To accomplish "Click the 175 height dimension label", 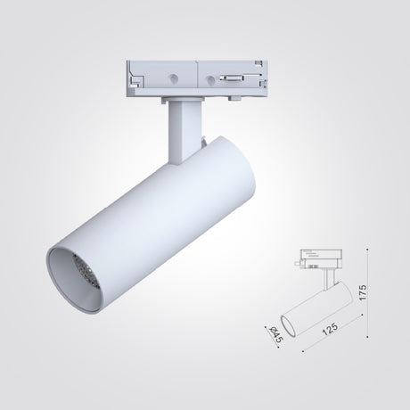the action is (363, 292).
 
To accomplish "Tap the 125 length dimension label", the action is (330, 329).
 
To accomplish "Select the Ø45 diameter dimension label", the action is (275, 334).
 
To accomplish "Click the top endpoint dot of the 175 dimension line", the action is (367, 250).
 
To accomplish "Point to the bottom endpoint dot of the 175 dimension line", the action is (367, 337).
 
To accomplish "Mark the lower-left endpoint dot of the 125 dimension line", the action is (303, 351).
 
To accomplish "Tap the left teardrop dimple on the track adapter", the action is (173, 78).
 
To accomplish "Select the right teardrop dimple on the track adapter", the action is (210, 79).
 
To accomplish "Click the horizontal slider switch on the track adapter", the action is (233, 78).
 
